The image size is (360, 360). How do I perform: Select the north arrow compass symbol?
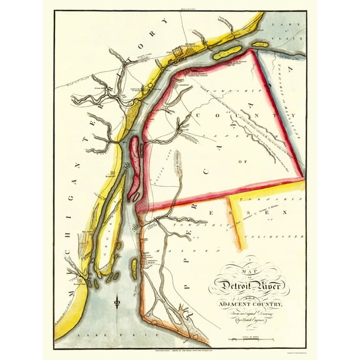tap(117, 304)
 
